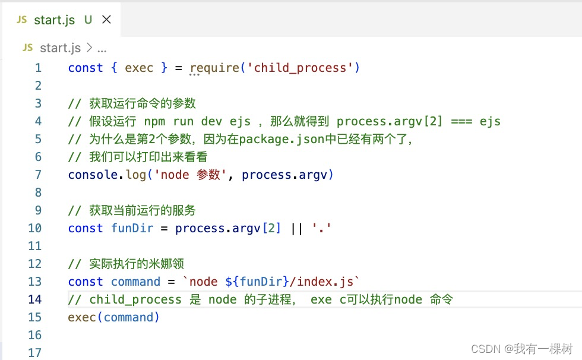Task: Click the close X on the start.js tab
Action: point(106,20)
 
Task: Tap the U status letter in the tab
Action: point(88,20)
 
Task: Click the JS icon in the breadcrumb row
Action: point(27,48)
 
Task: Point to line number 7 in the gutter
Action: point(38,175)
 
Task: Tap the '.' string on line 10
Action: point(321,228)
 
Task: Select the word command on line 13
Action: point(135,282)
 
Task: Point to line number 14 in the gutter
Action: point(35,299)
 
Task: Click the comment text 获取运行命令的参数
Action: point(143,103)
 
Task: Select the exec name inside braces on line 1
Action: point(139,68)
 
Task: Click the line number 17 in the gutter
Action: point(35,352)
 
